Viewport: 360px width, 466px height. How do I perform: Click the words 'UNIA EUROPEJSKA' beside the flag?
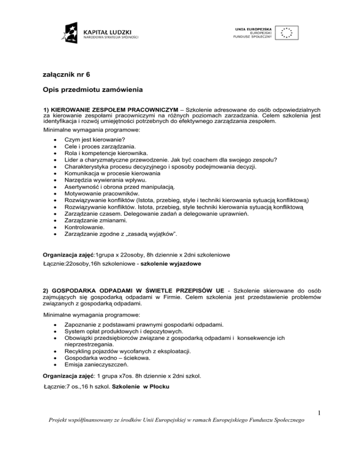252,29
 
